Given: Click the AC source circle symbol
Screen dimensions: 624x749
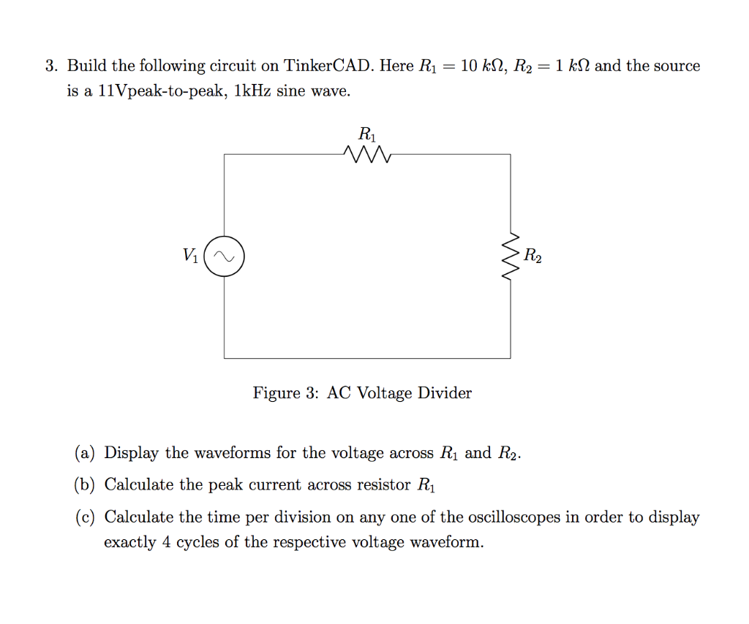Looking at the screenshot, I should pos(224,256).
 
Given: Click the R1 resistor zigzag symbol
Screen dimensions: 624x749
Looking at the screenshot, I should pos(366,154).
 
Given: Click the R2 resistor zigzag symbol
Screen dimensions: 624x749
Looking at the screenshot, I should pos(511,256).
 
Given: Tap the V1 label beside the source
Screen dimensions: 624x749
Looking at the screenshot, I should pos(189,256).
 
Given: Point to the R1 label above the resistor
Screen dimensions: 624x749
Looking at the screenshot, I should pos(366,134).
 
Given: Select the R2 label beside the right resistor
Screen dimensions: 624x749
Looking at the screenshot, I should pos(533,256).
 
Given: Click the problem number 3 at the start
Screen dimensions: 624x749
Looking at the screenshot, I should pos(50,66).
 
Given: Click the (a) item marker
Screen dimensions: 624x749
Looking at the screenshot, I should pos(85,453).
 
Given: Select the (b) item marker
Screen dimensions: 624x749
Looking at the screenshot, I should pos(86,484).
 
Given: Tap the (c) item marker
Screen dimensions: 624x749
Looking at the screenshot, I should pos(85,517).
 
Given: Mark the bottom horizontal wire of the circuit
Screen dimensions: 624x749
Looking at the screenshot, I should pos(366,358).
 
